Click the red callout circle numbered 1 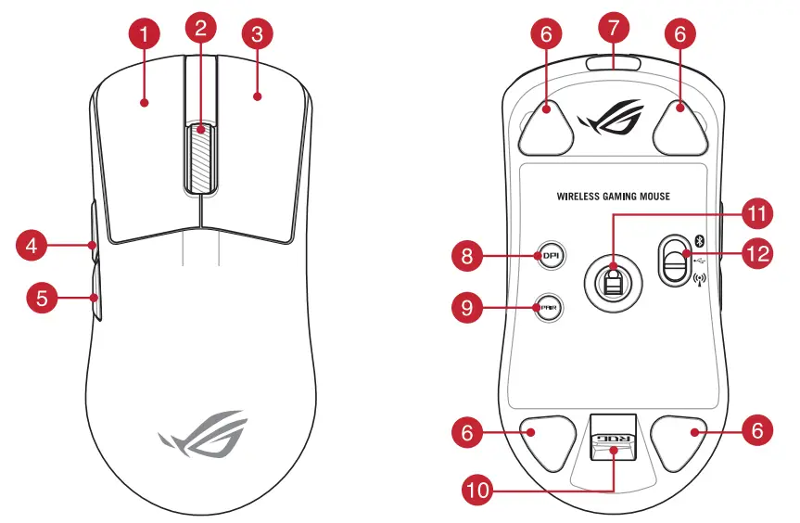tap(144, 36)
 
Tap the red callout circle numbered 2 tap(200, 27)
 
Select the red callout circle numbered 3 tap(257, 36)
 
